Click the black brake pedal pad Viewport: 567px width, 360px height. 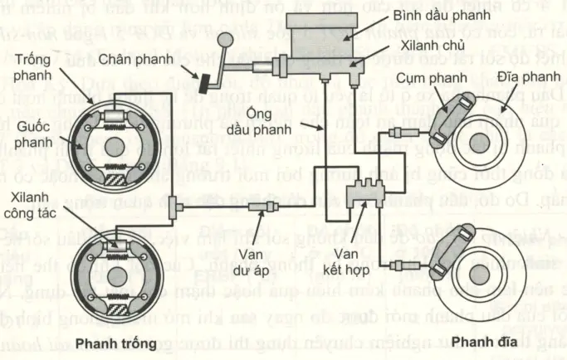pos(203,83)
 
